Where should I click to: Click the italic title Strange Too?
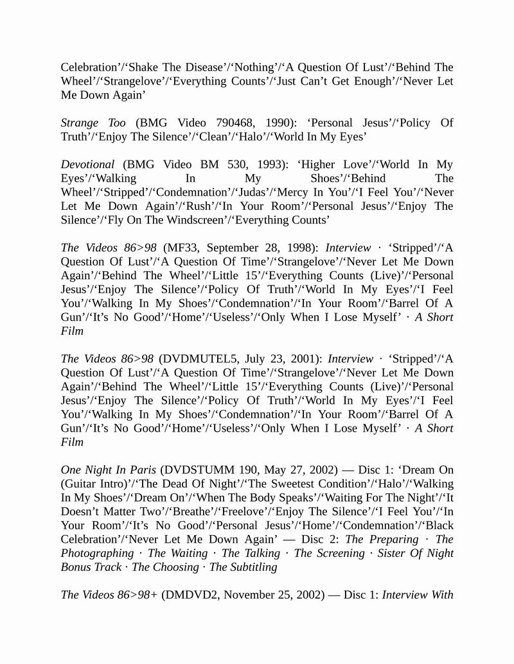[93, 123]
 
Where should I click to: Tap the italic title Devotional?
[87, 164]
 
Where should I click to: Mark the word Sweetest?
[256, 484]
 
